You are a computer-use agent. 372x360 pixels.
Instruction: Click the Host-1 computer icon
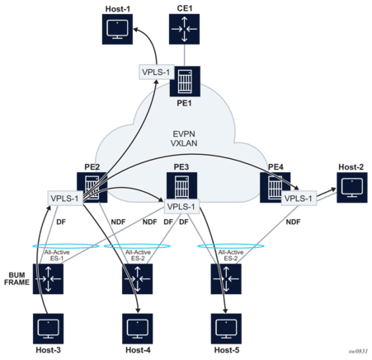pyautogui.click(x=117, y=29)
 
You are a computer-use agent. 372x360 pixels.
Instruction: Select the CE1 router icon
pyautogui.click(x=184, y=29)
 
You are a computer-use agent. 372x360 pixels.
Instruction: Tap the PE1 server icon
pyautogui.click(x=185, y=82)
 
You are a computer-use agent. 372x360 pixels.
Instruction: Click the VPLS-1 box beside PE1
pyautogui.click(x=156, y=72)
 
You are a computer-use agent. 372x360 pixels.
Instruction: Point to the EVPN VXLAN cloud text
pyautogui.click(x=184, y=138)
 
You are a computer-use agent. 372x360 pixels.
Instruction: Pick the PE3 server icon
pyautogui.click(x=181, y=185)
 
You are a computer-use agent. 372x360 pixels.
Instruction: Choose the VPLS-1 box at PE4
pyautogui.click(x=299, y=198)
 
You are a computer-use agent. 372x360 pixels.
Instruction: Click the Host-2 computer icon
pyautogui.click(x=352, y=188)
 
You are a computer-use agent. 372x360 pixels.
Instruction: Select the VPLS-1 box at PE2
pyautogui.click(x=65, y=198)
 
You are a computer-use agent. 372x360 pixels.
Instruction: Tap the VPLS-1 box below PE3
pyautogui.click(x=181, y=207)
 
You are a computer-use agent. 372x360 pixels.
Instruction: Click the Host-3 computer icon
pyautogui.click(x=48, y=329)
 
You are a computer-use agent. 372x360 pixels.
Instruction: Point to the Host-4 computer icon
pyautogui.click(x=138, y=329)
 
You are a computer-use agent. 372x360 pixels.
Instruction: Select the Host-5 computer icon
pyautogui.click(x=226, y=329)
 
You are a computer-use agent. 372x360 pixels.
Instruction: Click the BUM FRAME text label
pyautogui.click(x=16, y=278)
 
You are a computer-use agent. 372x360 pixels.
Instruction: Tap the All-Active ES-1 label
pyautogui.click(x=57, y=255)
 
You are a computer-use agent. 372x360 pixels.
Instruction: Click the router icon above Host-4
pyautogui.click(x=138, y=279)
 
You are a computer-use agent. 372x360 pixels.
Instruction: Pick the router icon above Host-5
pyautogui.click(x=226, y=279)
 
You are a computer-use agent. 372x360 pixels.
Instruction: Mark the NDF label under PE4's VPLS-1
pyautogui.click(x=293, y=222)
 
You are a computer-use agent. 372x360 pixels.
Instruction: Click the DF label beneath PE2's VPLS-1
pyautogui.click(x=61, y=222)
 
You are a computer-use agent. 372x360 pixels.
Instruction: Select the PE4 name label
pyautogui.click(x=275, y=167)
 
